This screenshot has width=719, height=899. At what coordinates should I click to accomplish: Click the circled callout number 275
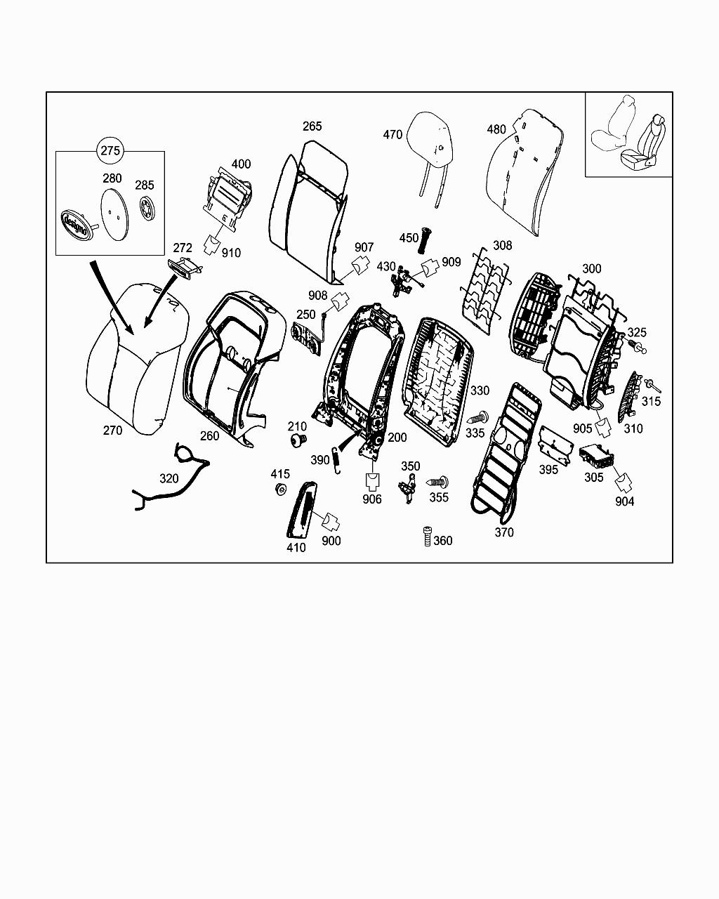tap(111, 150)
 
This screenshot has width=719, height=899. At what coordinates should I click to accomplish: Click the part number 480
tap(496, 129)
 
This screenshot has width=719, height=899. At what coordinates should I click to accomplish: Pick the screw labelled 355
tap(440, 483)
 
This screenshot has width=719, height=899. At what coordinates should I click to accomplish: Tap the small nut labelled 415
tap(281, 489)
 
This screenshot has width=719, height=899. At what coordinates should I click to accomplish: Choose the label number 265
tap(312, 126)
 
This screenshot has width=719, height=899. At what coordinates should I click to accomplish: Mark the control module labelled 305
tap(595, 457)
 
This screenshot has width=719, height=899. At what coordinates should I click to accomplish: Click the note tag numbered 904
tap(623, 482)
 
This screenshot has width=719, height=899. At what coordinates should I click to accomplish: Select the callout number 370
tap(503, 532)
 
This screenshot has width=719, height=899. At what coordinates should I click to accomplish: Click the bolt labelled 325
tap(637, 347)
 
